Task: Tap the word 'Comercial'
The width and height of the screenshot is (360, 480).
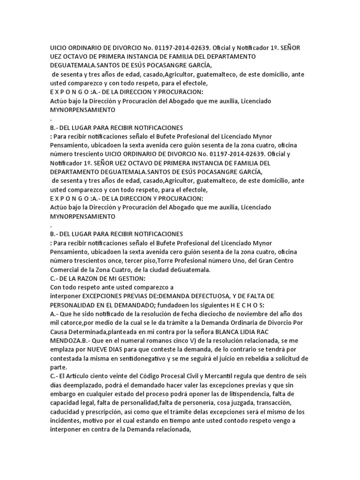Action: click(x=66, y=270)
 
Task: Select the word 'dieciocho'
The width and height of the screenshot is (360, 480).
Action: click(x=208, y=314)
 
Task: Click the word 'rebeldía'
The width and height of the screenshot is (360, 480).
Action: click(x=262, y=359)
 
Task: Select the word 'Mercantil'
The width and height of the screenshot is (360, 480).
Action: click(x=219, y=376)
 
